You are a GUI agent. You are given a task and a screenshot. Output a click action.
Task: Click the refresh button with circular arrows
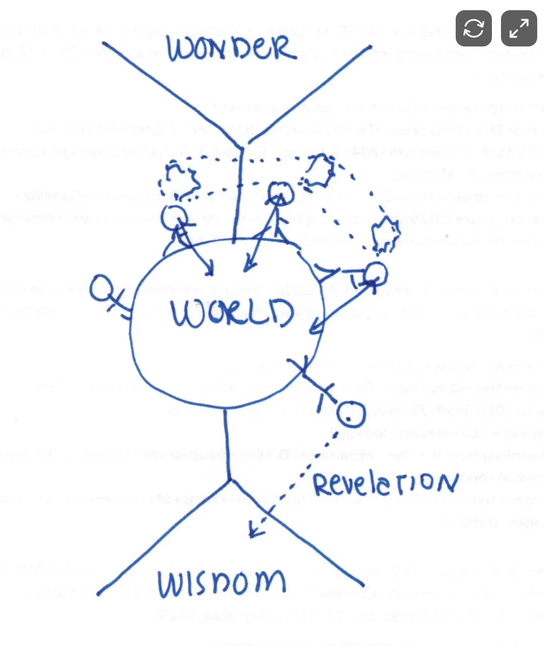click(474, 28)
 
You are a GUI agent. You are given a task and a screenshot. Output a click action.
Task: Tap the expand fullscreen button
click(519, 28)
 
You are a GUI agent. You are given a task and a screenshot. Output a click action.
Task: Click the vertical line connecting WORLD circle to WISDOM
click(226, 442)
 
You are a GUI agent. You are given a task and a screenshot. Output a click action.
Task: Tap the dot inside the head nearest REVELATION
click(348, 418)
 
